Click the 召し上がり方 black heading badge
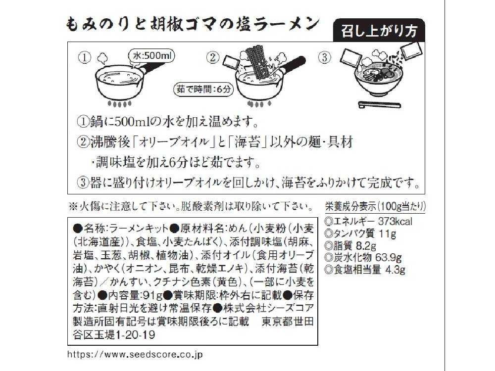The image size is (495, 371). tap(379, 31)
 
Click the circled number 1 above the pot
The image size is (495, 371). tap(85, 57)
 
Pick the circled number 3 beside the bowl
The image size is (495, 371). tap(324, 57)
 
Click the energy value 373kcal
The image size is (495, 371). tap(395, 221)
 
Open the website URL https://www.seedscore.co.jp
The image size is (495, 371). tap(134, 355)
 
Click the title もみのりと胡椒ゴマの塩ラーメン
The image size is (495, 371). tap(193, 25)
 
